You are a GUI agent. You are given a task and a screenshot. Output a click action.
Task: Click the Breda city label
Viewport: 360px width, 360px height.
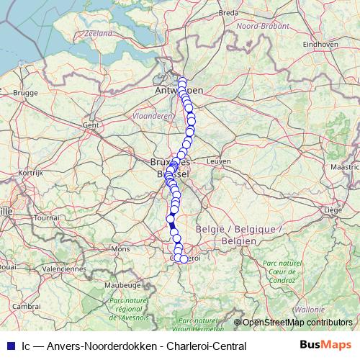[x=228, y=12]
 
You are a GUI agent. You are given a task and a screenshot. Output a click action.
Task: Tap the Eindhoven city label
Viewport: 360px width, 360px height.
[x=321, y=44]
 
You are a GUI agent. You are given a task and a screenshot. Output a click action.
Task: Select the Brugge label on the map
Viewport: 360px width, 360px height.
[x=24, y=92]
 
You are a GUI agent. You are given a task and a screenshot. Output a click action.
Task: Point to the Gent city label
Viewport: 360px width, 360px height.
[x=90, y=125]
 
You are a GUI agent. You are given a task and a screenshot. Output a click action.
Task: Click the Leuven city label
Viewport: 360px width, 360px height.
[x=217, y=161]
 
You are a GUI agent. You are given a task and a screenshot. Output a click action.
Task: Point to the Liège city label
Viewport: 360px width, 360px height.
[x=333, y=210]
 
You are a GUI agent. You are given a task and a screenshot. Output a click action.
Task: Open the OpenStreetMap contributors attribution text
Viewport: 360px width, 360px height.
[x=297, y=322]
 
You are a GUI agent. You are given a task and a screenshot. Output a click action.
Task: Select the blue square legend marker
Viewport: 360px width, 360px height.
[x=9, y=346]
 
